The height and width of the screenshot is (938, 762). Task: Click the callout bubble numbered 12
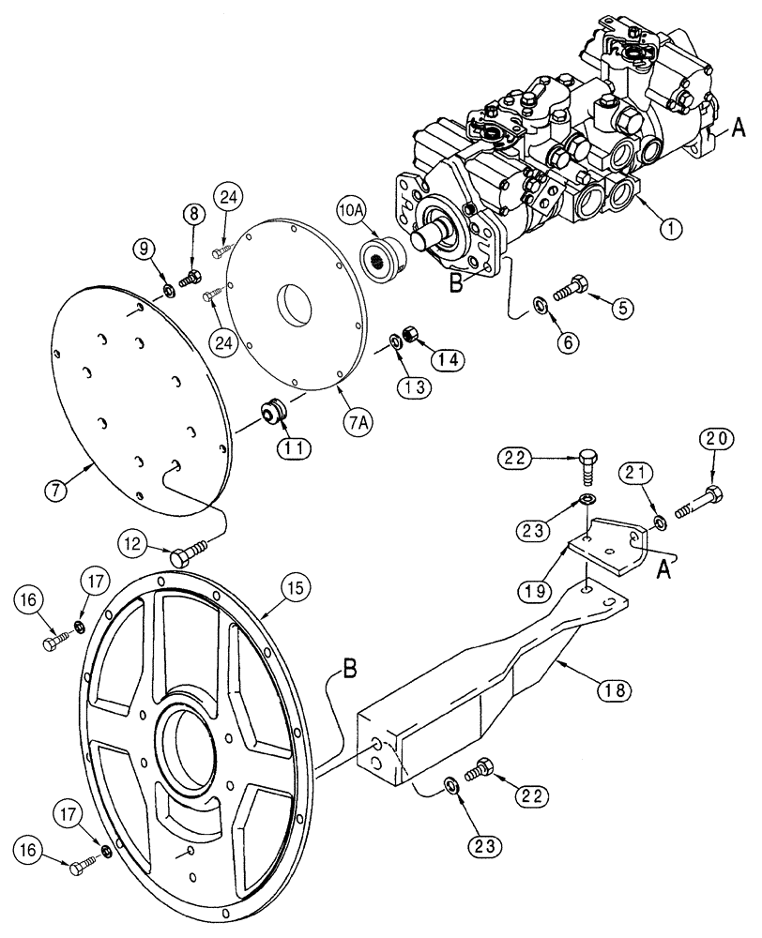click(x=133, y=541)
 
